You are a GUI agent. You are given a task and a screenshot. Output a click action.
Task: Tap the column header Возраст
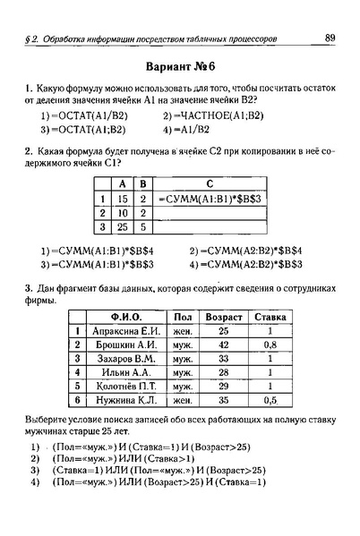[x=223, y=317]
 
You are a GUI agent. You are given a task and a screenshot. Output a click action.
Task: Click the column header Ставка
[x=270, y=317]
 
